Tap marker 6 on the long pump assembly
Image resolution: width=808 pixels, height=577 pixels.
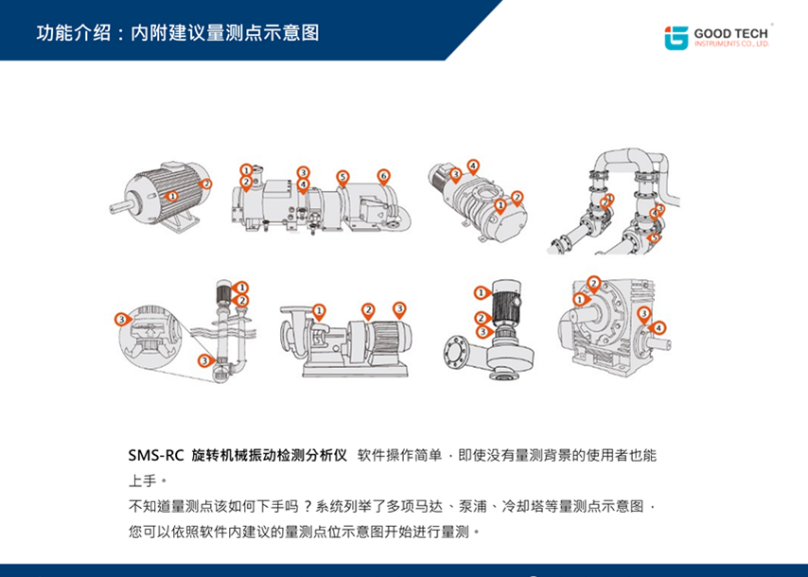click(x=383, y=176)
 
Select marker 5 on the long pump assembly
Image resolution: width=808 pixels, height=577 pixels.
click(x=343, y=177)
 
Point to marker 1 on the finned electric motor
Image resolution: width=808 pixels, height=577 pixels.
click(x=171, y=195)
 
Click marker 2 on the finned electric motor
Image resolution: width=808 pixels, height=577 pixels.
click(x=206, y=184)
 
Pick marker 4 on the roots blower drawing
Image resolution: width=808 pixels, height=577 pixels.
click(x=472, y=166)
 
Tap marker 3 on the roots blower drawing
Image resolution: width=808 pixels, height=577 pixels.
click(x=455, y=174)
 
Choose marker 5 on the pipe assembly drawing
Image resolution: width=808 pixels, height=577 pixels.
click(x=654, y=237)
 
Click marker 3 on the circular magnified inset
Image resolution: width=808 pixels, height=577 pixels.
click(x=121, y=319)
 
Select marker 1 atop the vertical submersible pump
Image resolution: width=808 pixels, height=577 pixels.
click(x=242, y=287)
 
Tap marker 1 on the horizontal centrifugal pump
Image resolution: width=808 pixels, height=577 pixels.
click(x=319, y=309)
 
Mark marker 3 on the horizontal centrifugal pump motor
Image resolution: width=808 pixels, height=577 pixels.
click(x=399, y=308)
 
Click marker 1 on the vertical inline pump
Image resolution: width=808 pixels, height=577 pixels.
click(x=481, y=292)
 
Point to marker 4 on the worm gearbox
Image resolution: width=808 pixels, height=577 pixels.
click(x=659, y=328)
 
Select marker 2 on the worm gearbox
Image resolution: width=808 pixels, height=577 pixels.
click(x=593, y=282)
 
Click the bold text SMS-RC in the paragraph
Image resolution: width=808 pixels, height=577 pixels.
click(x=156, y=455)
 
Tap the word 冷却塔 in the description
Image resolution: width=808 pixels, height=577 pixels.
click(x=521, y=505)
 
